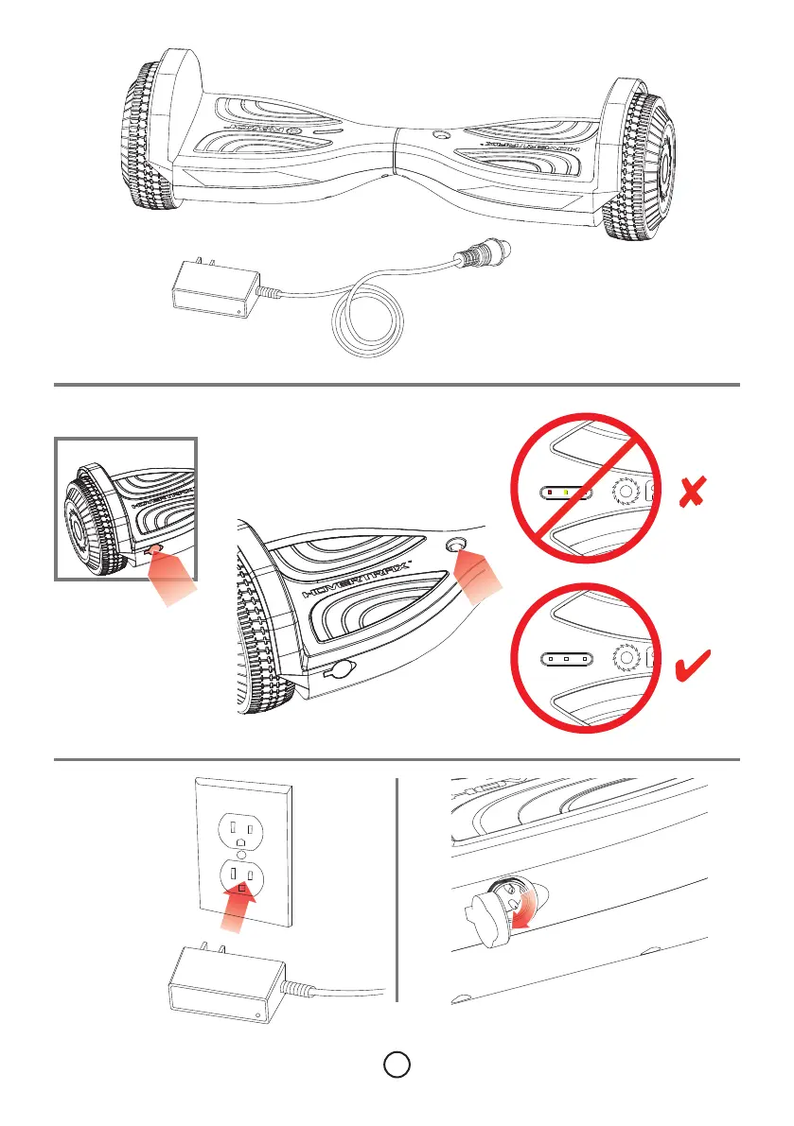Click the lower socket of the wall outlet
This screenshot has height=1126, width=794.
[x=243, y=879]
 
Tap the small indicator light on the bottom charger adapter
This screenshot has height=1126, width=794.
[x=259, y=1016]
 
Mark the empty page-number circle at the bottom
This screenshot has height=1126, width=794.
[x=397, y=1064]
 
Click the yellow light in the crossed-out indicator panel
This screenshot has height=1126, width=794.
[x=565, y=493]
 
